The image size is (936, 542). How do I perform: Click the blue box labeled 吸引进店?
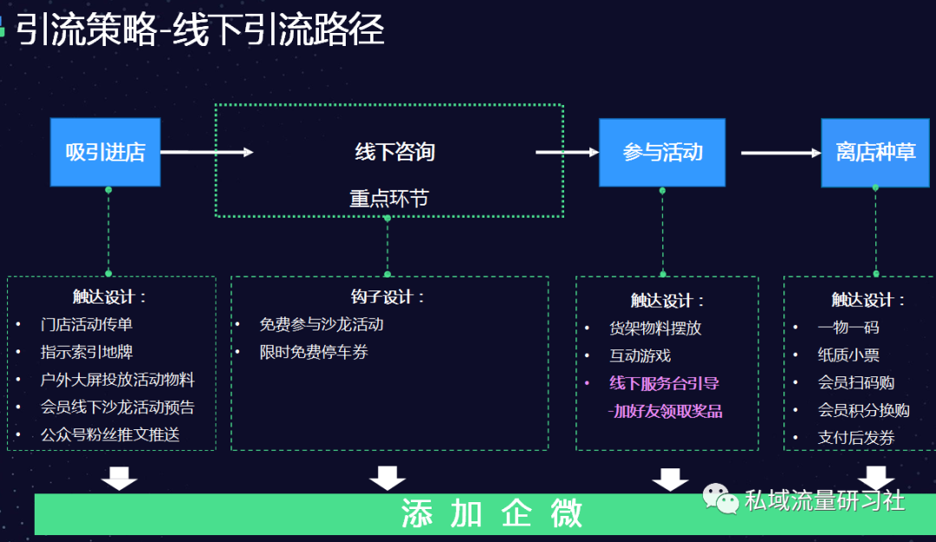click(x=105, y=153)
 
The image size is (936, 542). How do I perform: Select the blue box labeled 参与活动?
click(x=662, y=153)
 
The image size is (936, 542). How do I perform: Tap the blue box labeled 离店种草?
click(x=875, y=153)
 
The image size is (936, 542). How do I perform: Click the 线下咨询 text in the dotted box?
click(x=394, y=153)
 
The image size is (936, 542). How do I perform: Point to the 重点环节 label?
click(x=389, y=199)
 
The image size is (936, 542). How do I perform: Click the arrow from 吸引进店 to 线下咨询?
click(x=206, y=153)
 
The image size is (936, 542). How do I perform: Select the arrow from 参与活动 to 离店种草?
click(x=780, y=153)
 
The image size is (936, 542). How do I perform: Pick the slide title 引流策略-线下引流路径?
click(x=199, y=30)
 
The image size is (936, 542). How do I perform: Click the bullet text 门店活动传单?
click(x=87, y=324)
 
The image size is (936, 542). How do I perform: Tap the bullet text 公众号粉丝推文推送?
click(x=110, y=434)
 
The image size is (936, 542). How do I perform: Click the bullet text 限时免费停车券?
click(x=314, y=352)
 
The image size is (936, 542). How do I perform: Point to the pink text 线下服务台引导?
click(x=664, y=382)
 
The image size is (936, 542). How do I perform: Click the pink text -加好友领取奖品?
click(x=666, y=411)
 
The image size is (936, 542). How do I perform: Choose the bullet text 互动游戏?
click(x=640, y=356)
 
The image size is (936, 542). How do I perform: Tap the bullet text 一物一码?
click(x=848, y=327)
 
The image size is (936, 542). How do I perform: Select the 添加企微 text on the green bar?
click(x=491, y=514)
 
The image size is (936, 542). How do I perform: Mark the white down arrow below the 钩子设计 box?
click(x=387, y=478)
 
